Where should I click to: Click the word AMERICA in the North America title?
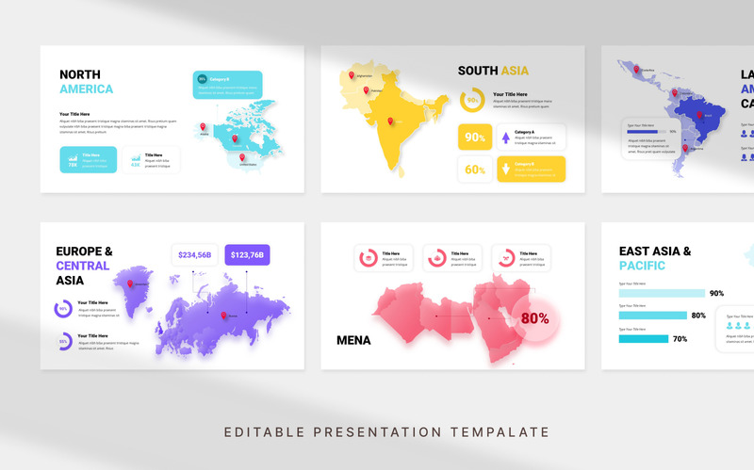coord(86,89)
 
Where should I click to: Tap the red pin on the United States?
coord(242,157)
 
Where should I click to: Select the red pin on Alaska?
coord(203,126)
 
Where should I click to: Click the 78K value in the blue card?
coord(73,165)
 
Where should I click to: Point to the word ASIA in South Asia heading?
coord(514,71)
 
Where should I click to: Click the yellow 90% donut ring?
coord(471,100)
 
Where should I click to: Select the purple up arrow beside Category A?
coord(505,138)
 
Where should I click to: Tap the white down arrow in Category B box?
coord(505,170)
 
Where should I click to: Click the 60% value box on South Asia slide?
coord(475,170)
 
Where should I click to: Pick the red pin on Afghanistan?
coord(352,75)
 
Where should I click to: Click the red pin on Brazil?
coord(699,115)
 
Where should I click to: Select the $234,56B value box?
coord(195,254)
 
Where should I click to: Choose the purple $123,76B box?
coord(247,254)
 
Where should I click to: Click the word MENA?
coord(353,340)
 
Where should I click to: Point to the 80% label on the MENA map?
coord(534,318)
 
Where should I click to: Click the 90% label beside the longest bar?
coord(716,293)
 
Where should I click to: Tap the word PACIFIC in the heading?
coord(642,266)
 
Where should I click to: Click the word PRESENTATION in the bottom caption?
coord(386,432)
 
